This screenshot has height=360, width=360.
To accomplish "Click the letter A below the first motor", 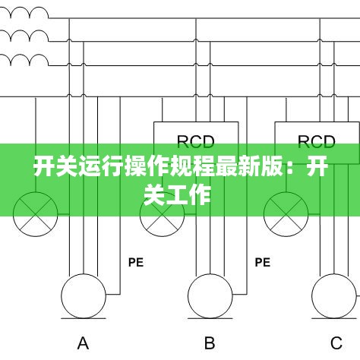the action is click(83, 343).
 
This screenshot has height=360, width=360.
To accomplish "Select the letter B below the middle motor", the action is click(210, 343).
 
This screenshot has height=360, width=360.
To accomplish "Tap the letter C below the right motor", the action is click(336, 343).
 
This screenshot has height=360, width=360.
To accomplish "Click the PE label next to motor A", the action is click(136, 262).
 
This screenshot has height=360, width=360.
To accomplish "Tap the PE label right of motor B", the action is click(263, 262).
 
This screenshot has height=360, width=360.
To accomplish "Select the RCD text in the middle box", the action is click(195, 142).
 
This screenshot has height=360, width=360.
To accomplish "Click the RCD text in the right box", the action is click(317, 142).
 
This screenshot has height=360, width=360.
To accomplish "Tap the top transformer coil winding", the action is click(24, 13).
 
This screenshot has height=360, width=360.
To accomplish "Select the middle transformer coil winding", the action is click(24, 36).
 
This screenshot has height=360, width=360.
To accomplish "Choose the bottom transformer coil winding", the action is click(24, 59).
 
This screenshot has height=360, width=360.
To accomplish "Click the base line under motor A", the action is click(84, 318).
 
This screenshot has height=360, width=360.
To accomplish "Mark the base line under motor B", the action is click(210, 318).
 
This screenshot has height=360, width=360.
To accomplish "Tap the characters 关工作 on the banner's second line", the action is click(177, 194).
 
